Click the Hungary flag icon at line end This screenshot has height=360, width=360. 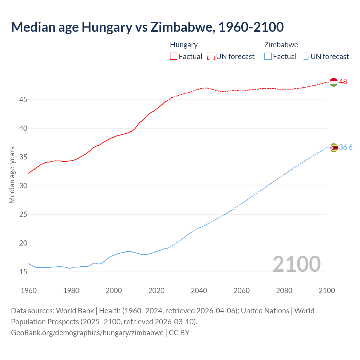tap(334, 82)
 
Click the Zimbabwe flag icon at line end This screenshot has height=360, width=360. tap(334, 148)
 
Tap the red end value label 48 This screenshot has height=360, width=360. tap(343, 82)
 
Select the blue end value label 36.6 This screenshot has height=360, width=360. tap(346, 147)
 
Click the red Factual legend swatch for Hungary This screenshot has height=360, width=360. tap(174, 57)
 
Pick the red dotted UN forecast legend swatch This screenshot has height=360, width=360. tap(211, 57)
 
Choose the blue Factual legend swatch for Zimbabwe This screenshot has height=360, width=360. tap(268, 57)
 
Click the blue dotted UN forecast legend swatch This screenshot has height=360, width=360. tap(305, 57)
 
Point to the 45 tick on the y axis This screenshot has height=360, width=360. tap(23, 100)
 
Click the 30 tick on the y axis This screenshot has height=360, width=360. tap(23, 186)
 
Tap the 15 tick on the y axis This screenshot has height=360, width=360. tap(23, 272)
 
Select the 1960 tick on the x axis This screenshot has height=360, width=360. tap(29, 291)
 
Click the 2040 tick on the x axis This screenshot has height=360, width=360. tap(199, 291)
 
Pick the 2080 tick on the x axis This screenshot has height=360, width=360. tap(284, 291)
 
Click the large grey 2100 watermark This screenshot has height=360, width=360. tap(297, 264)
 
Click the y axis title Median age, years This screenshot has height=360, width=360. tap(12, 175)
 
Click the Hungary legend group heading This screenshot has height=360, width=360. tap(184, 45)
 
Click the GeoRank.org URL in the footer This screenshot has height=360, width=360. tap(87, 333)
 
